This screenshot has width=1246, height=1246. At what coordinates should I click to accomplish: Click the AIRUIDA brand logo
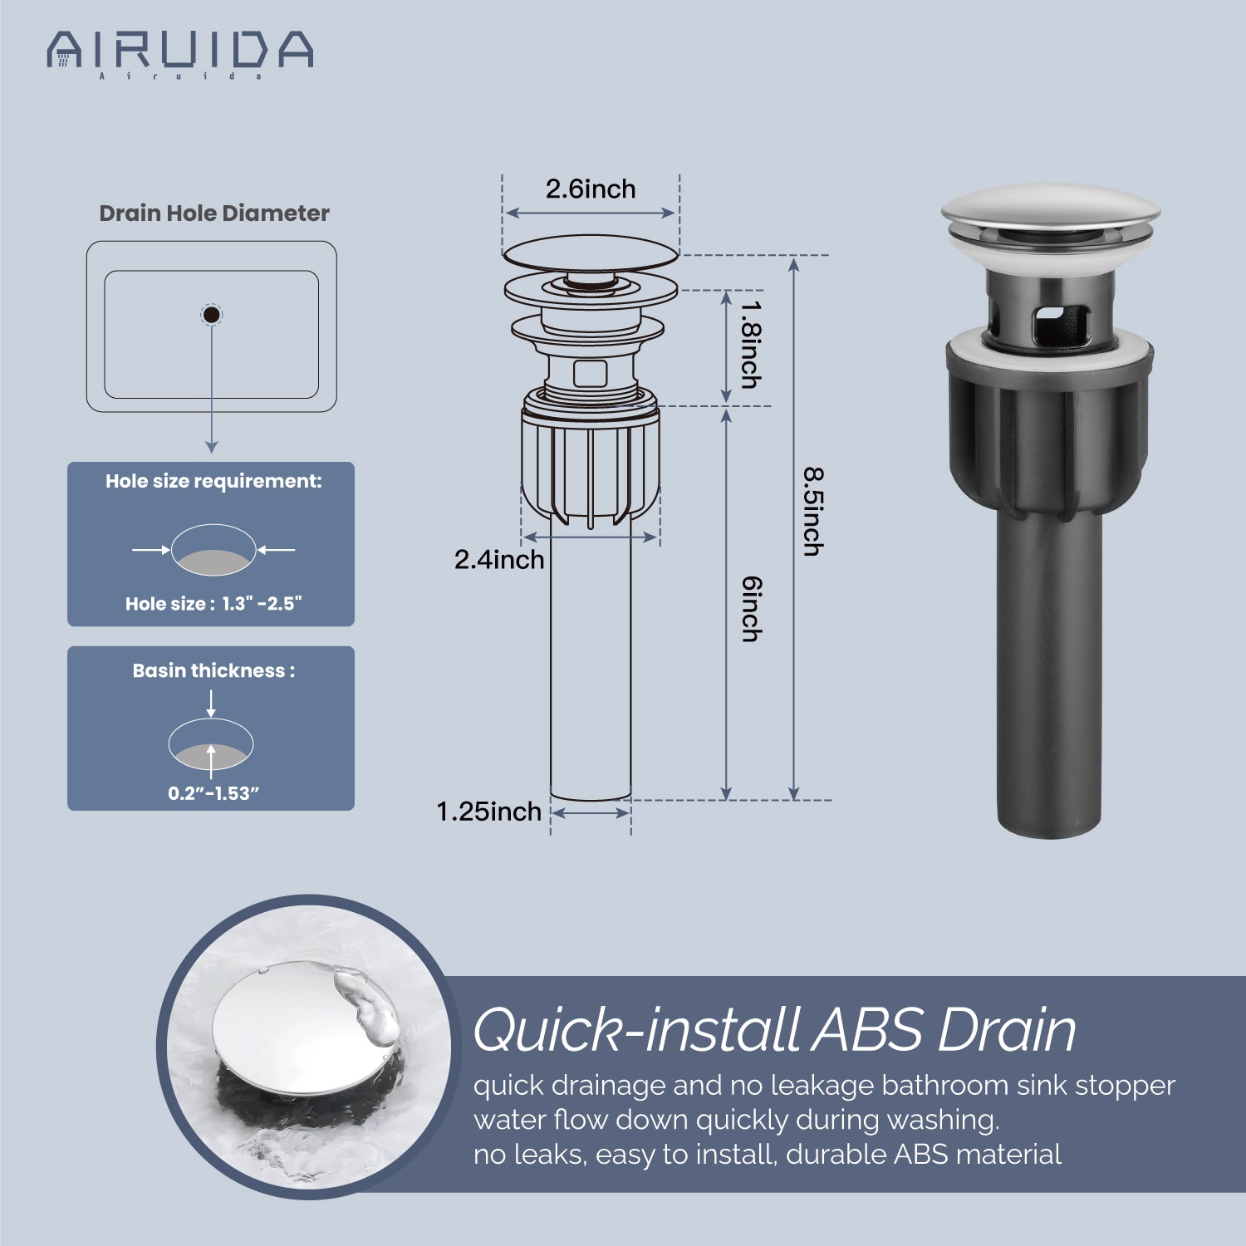(179, 53)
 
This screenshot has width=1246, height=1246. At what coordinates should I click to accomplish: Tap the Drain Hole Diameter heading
(214, 213)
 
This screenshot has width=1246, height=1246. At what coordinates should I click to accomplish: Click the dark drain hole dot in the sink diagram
(212, 315)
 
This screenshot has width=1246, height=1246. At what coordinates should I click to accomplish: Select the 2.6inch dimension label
(591, 189)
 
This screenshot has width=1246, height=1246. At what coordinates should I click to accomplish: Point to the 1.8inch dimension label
(751, 344)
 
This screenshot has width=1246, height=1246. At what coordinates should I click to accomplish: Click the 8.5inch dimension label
(812, 512)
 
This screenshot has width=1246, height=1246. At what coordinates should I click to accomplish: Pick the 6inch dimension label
(751, 609)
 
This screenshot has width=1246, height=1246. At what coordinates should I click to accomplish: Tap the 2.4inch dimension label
(499, 560)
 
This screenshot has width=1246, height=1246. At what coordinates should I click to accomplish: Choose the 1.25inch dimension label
(489, 812)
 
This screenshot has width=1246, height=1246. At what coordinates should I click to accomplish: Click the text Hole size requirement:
(213, 482)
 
